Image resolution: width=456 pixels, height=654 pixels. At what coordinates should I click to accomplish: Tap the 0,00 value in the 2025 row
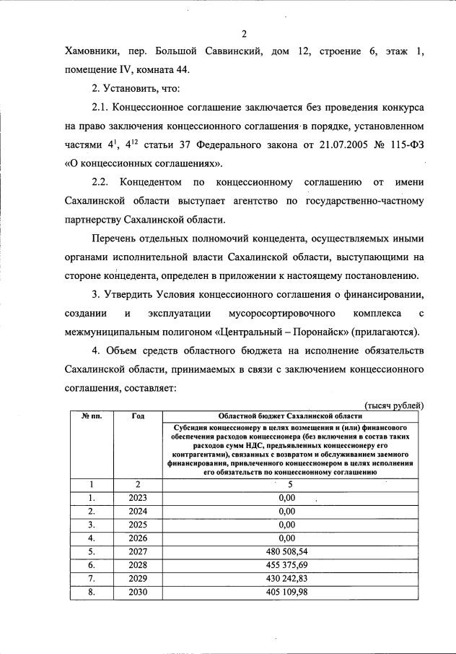(288, 525)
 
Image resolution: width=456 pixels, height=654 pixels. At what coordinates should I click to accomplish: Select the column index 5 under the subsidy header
(289, 485)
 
